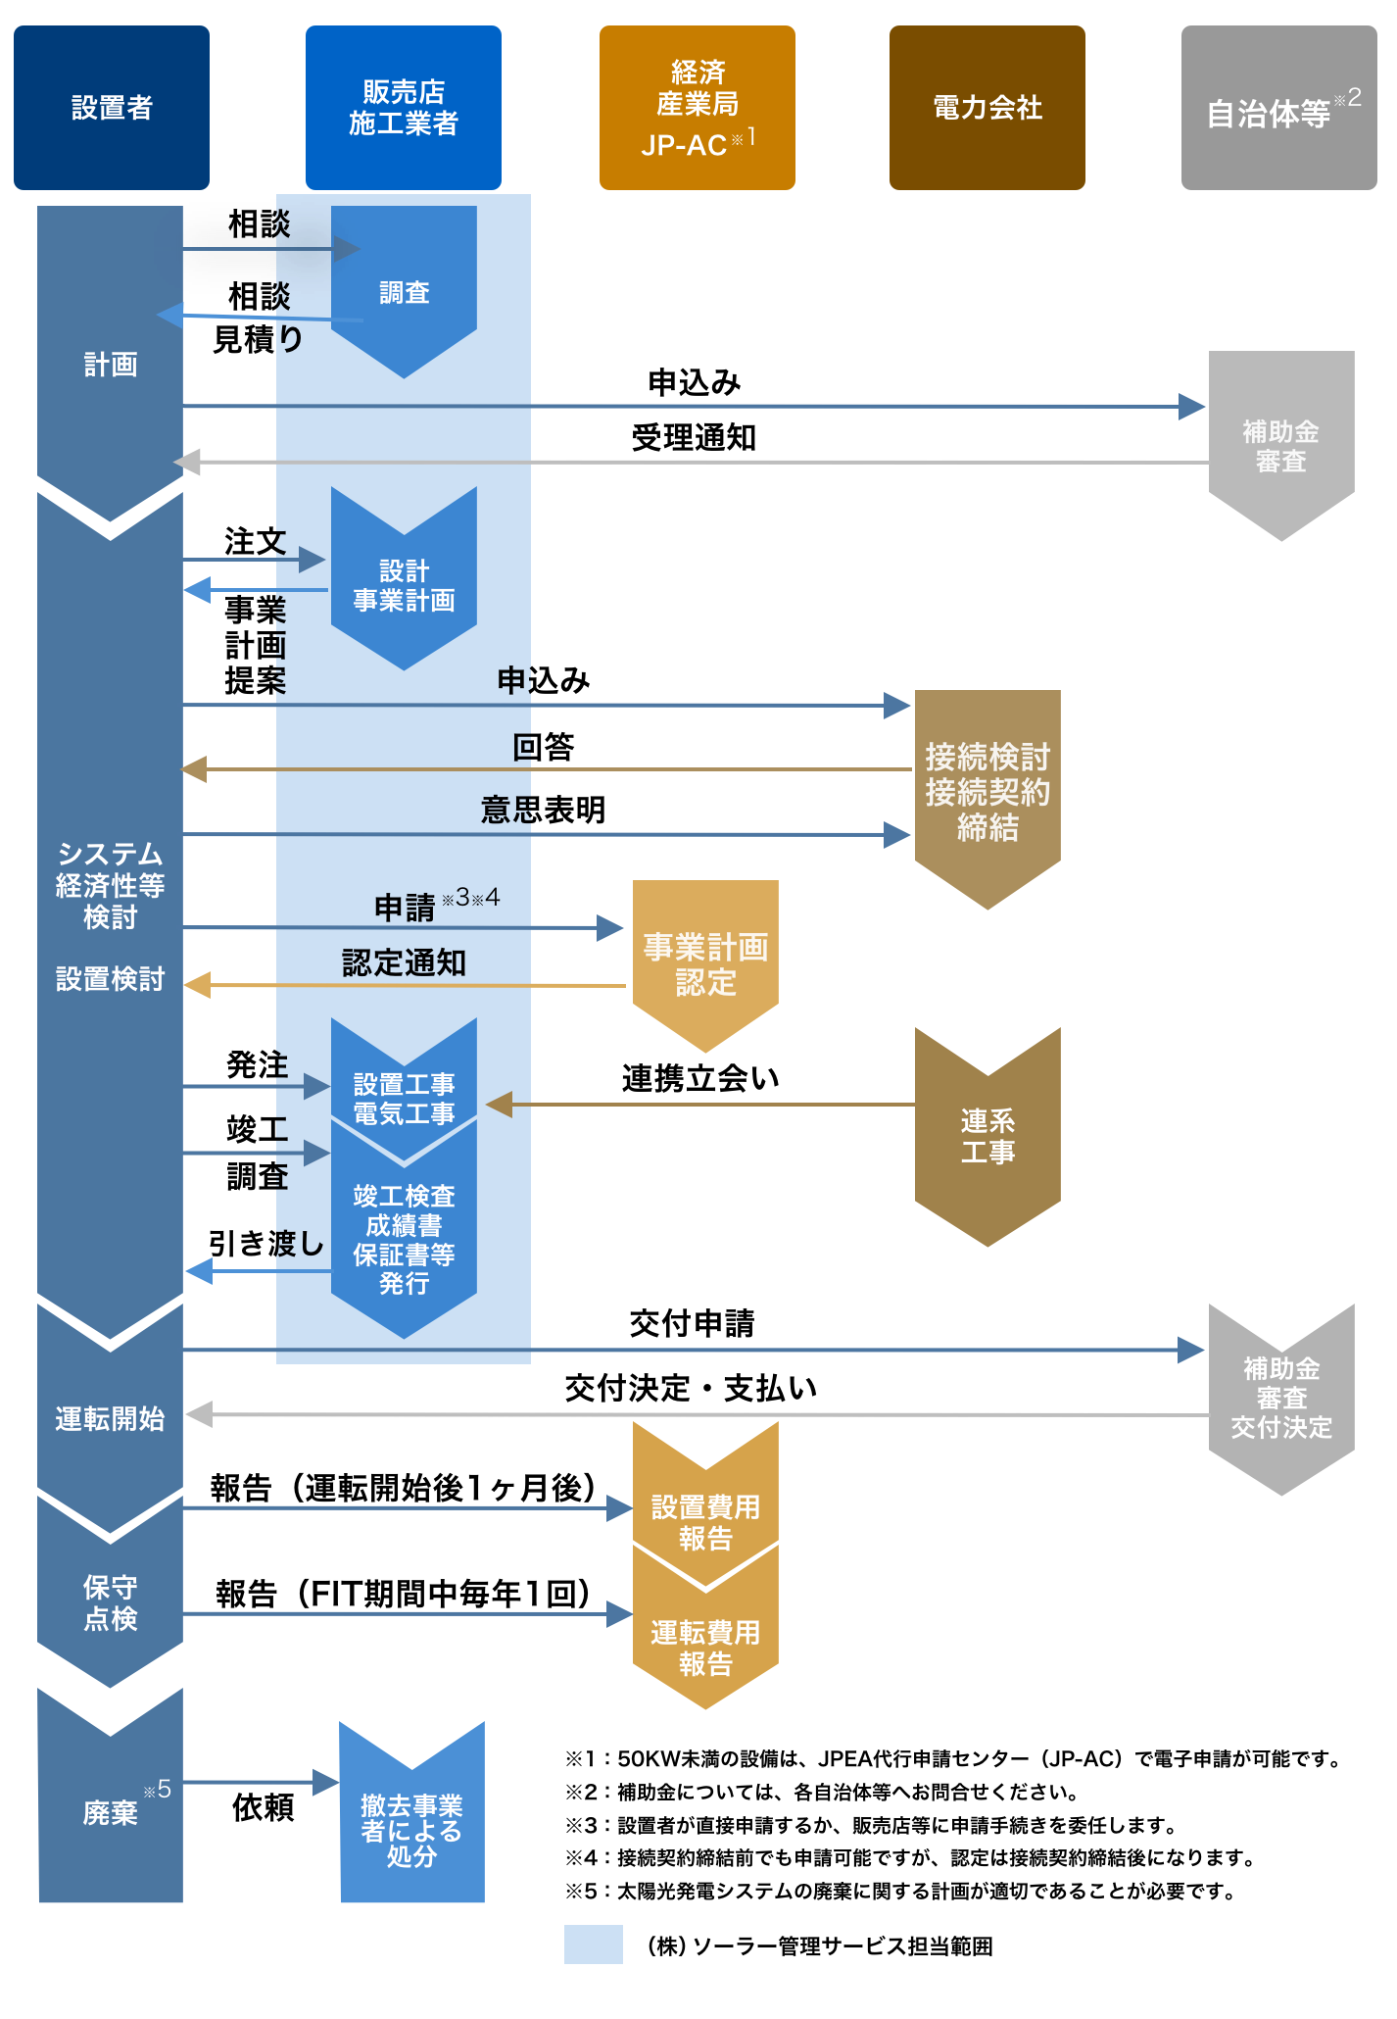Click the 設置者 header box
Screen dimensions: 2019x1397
click(x=112, y=108)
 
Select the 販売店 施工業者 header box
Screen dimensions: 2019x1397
click(x=403, y=108)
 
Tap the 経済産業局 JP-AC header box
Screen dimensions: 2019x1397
click(x=697, y=108)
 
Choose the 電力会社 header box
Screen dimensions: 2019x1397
click(x=987, y=108)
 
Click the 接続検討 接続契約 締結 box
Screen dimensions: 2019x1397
click(x=988, y=792)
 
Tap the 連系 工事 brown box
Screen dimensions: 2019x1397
click(x=988, y=1137)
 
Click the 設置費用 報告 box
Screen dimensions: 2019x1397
click(x=705, y=1521)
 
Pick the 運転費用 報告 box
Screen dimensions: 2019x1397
click(x=705, y=1647)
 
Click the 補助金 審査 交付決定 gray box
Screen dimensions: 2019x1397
click(x=1281, y=1398)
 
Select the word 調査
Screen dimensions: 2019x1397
click(x=404, y=292)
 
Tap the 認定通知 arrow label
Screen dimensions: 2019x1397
click(x=404, y=962)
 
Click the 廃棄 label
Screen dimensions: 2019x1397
click(x=110, y=1813)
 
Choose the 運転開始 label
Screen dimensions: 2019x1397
click(x=110, y=1418)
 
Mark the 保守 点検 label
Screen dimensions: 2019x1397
click(x=110, y=1602)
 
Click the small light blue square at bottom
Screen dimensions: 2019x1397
click(x=593, y=1944)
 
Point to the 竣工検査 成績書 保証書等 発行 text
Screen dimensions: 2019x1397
click(x=404, y=1239)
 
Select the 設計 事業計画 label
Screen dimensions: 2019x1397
click(x=404, y=585)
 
